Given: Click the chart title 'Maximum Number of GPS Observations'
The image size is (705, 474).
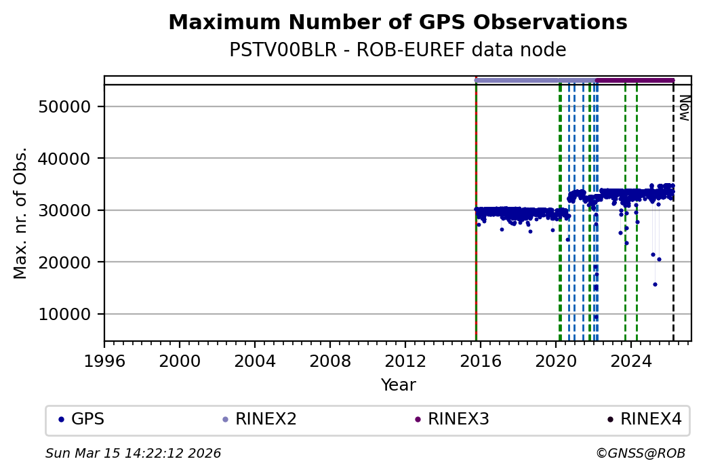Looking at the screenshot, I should point(397,22).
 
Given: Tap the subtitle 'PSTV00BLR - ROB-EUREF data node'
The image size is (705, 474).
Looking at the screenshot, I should point(397,50).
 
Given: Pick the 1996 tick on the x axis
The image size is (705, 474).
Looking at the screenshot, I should point(104,361).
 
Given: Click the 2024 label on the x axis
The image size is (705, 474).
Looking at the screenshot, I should point(630,361).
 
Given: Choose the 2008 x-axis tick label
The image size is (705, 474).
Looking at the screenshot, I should point(330,361).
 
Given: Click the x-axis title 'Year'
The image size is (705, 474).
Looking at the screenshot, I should point(398,385).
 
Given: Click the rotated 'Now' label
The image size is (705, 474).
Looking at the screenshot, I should point(684,108).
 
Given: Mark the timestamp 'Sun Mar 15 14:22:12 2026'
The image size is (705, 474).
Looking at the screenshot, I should point(133,453).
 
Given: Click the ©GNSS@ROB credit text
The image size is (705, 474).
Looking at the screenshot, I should point(640,453).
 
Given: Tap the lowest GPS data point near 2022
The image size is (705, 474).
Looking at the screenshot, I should point(596,317).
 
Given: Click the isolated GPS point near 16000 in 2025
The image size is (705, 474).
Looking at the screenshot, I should point(655,284).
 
